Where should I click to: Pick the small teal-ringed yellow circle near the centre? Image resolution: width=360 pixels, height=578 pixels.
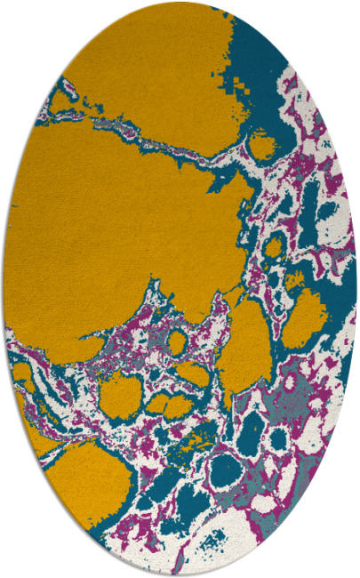click(x=177, y=341)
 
